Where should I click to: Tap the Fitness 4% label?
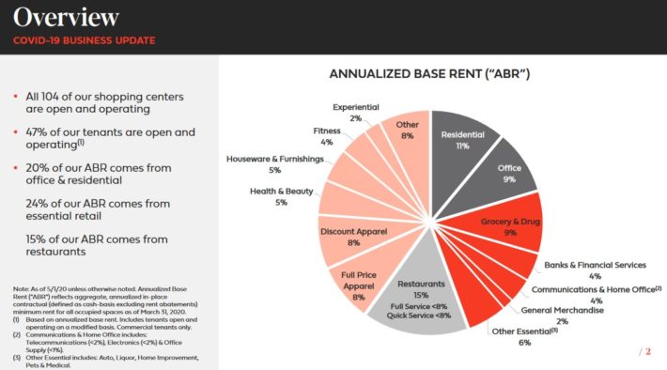coord(328,136)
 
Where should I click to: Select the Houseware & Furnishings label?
coord(274,164)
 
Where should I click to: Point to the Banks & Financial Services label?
coord(595,270)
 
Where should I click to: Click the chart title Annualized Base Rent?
coord(429,72)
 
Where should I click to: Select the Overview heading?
coord(67,17)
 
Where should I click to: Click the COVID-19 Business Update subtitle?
coord(84,40)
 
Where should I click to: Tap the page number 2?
coord(647,351)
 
